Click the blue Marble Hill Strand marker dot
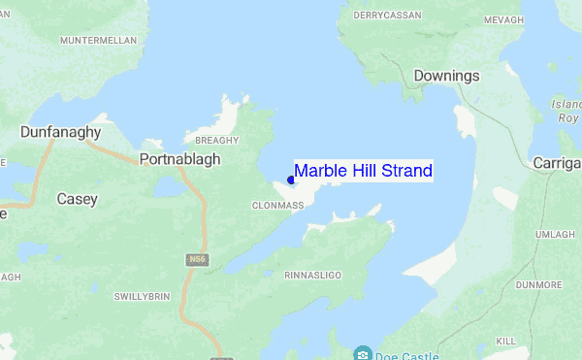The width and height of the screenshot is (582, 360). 291,180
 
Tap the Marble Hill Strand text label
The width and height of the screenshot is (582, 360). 363,171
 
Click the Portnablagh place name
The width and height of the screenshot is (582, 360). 179,159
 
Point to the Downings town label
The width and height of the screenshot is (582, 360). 445,76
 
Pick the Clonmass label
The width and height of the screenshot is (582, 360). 277,206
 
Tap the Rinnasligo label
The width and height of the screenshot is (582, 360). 312,276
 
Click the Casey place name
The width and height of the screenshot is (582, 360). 77,199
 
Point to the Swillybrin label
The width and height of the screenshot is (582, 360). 143,296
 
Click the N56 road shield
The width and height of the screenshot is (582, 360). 197,259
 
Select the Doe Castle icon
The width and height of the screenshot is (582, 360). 364,352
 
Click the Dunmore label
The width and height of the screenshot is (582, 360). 540,284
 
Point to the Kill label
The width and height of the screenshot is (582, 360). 506,342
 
